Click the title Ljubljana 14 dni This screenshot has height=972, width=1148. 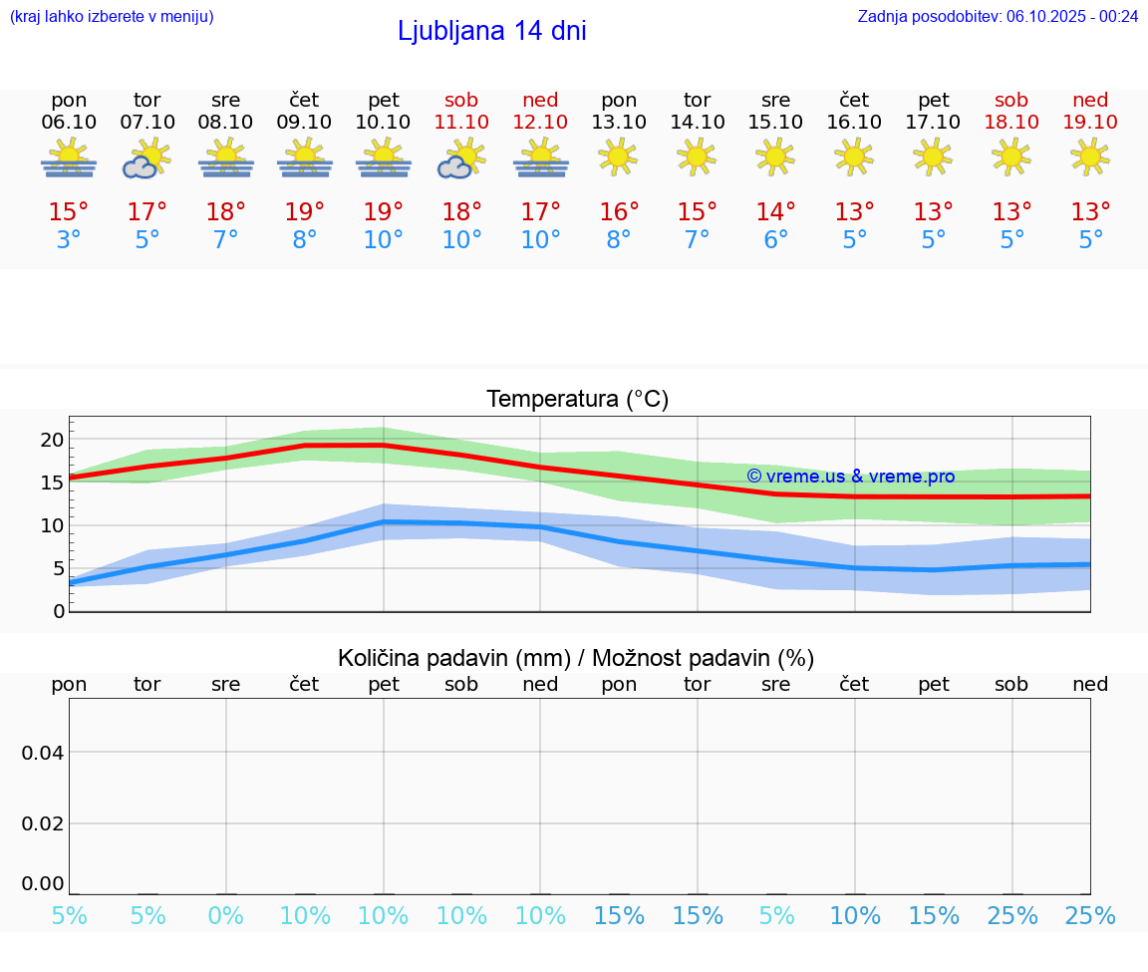click(x=491, y=31)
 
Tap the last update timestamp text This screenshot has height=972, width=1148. click(x=998, y=16)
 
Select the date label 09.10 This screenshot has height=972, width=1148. click(x=304, y=122)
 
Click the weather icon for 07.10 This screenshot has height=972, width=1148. click(x=147, y=160)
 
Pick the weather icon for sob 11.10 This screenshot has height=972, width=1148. click(x=461, y=160)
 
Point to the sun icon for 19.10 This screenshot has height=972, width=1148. click(x=1090, y=157)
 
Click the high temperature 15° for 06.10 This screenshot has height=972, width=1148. click(x=69, y=212)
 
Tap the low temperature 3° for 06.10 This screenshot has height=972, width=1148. click(x=69, y=240)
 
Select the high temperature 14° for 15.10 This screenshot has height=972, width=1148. click(x=775, y=212)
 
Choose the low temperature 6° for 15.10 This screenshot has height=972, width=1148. click(x=775, y=240)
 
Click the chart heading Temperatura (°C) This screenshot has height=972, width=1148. click(x=577, y=400)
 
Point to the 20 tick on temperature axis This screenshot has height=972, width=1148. click(x=52, y=440)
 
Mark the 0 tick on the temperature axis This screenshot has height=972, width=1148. click(x=59, y=611)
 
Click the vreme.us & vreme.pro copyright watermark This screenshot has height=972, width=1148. click(x=850, y=477)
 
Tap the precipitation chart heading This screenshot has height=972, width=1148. click(x=576, y=658)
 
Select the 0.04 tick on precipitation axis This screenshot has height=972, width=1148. click(x=43, y=753)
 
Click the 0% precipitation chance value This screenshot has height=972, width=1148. click(x=226, y=915)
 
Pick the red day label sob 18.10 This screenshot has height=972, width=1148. click(x=1011, y=111)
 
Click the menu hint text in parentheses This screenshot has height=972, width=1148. click(x=112, y=16)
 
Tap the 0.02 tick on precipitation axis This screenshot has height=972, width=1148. click(x=43, y=823)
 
